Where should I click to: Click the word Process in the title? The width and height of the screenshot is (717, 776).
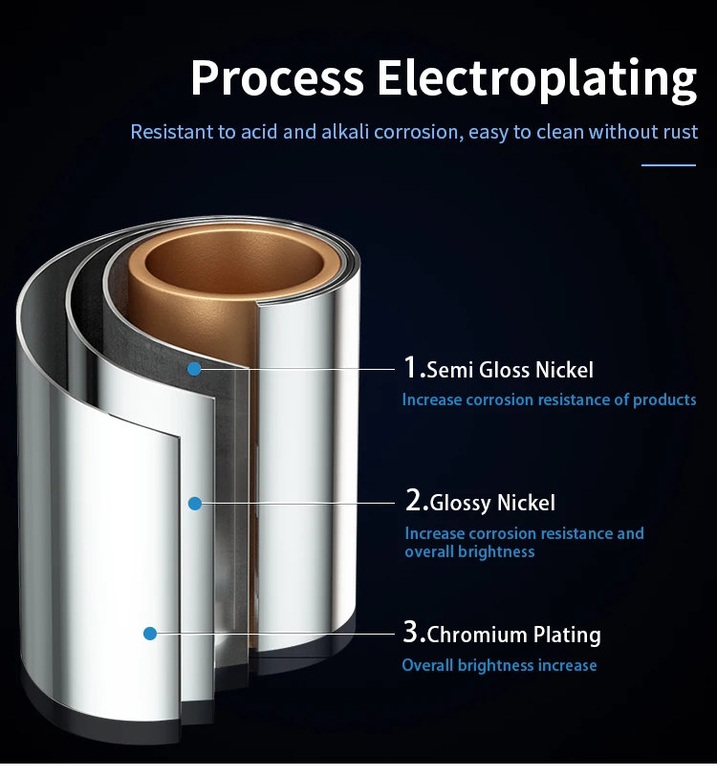tap(276, 78)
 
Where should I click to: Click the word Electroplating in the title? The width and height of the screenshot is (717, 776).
tap(536, 78)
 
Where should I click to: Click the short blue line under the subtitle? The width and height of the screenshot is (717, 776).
tap(668, 165)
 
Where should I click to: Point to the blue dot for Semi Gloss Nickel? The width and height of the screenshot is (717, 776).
tap(194, 368)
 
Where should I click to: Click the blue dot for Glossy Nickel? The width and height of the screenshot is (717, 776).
tap(194, 502)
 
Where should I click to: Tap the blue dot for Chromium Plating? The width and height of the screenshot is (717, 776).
tap(150, 633)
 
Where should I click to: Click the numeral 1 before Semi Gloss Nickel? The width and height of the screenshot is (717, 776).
tap(411, 368)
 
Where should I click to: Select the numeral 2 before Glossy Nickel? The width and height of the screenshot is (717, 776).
tap(414, 501)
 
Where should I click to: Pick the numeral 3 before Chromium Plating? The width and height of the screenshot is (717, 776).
tap(411, 633)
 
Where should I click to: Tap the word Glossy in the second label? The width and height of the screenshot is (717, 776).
tap(461, 504)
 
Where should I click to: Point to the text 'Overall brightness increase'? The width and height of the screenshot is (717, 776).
tap(499, 665)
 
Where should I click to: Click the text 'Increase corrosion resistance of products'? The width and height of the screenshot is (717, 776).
tap(549, 399)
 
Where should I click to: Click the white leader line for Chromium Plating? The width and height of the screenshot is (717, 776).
tap(277, 633)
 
